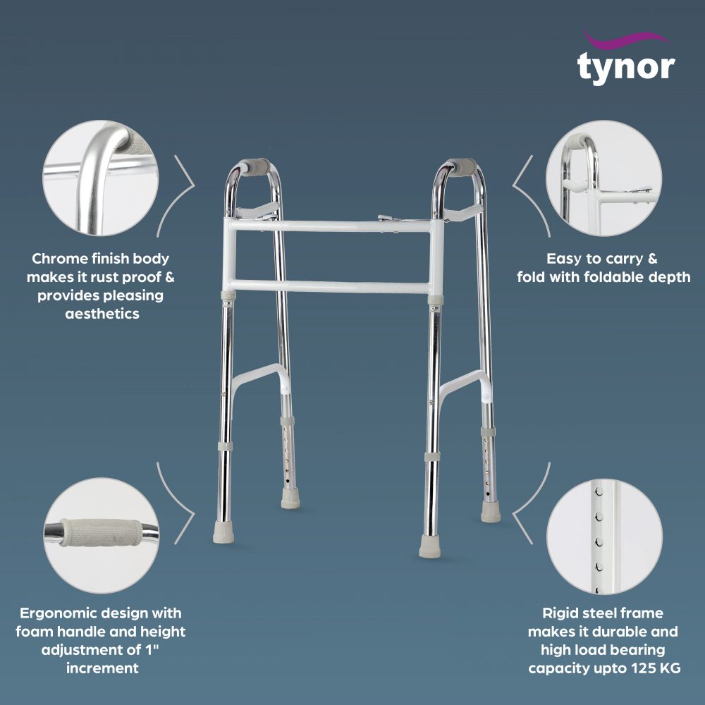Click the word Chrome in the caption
tap(59, 259)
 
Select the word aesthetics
tap(102, 314)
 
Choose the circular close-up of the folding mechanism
tap(604, 178)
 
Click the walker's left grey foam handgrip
tap(255, 167)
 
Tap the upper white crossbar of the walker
tap(331, 226)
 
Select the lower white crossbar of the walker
tap(331, 287)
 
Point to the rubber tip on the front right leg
tap(429, 546)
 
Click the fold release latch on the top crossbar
tap(387, 219)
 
